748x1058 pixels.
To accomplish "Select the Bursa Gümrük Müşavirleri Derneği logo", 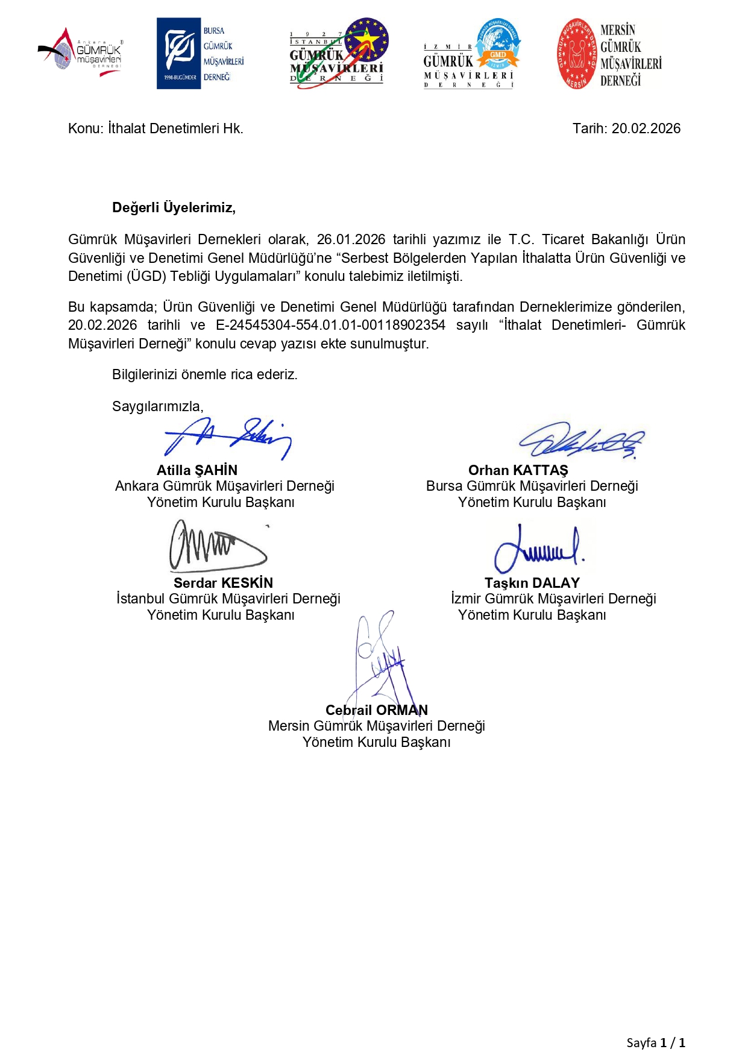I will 200,54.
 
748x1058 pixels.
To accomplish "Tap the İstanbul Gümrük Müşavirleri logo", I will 338,54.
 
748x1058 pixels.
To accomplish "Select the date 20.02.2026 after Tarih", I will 646,128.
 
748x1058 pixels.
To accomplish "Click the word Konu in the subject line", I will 85,128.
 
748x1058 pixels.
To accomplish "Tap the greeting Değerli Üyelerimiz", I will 174,208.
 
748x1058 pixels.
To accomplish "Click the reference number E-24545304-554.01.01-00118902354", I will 330,325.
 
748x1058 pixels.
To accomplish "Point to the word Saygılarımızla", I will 157,406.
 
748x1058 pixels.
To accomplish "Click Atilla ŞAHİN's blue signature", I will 228,438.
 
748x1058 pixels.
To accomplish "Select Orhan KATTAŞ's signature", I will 582,440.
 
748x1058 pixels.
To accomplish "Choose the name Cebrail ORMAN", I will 377,710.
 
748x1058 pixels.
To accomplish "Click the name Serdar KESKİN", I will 223,583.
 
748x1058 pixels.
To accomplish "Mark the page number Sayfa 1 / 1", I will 655,1042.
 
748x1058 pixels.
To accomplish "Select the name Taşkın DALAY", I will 532,583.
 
